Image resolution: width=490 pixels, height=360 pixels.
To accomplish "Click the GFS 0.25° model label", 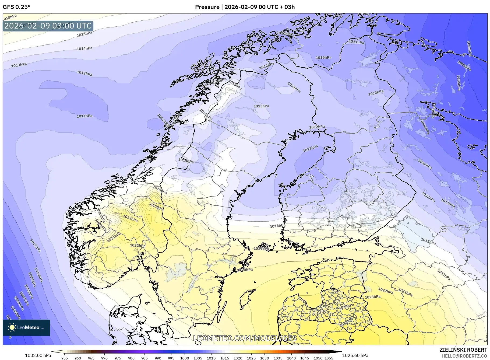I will tap(16, 7).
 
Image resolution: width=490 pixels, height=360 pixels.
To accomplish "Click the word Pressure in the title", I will tap(207, 7).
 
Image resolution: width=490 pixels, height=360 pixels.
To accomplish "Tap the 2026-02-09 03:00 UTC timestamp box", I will tap(48, 26).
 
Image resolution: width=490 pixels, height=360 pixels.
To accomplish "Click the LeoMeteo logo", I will tap(26, 327).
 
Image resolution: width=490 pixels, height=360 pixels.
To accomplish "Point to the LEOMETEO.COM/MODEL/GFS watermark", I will tap(245, 338).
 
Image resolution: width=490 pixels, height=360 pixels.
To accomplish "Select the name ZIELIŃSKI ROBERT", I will tap(463, 350).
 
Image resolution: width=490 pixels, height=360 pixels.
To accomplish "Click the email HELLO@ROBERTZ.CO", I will tap(464, 356).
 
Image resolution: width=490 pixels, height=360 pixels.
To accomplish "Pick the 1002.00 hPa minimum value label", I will tap(38, 355).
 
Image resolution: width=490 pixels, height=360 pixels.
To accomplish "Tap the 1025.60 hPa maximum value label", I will tap(355, 355).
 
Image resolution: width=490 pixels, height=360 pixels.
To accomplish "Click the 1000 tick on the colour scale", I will tap(185, 358).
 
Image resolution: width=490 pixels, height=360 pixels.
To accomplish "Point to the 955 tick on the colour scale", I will tap(65, 358).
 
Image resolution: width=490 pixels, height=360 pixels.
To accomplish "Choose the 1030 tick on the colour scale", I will tap(265, 358).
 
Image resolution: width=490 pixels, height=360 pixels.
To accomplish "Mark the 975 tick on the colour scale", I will tap(118, 358).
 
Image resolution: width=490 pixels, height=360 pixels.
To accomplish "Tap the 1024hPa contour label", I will tap(346, 306).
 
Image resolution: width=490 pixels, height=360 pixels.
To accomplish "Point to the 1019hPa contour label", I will tap(261, 249).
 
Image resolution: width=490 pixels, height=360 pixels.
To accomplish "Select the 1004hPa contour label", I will tap(469, 48).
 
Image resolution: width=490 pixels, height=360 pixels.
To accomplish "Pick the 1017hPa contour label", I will tap(444, 275).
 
